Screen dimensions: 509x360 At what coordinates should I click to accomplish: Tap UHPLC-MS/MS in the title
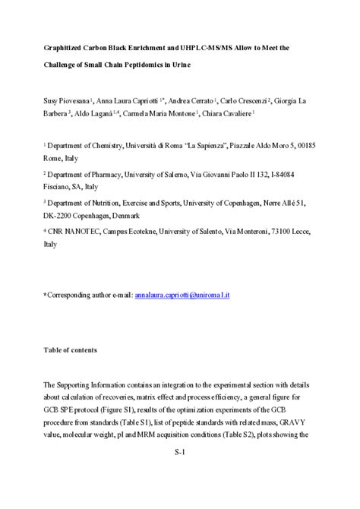[211, 47]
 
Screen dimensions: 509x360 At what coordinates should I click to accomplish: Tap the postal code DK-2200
[64, 216]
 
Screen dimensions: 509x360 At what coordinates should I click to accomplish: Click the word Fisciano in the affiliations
[59, 186]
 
